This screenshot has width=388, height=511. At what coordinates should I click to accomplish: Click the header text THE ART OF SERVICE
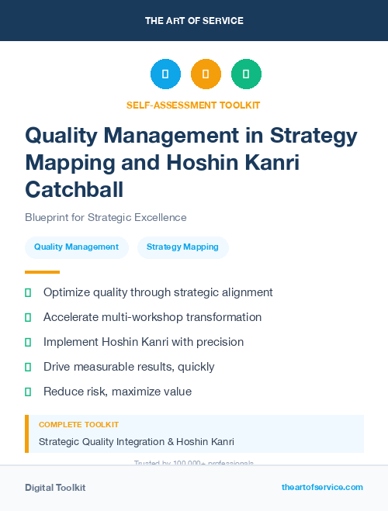click(x=194, y=21)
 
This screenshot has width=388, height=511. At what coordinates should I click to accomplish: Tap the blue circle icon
click(x=165, y=74)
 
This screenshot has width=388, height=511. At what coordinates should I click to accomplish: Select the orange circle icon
click(x=206, y=74)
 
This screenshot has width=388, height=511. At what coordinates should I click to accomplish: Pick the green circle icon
click(x=246, y=74)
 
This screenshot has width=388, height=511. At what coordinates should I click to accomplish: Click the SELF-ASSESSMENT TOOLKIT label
click(x=193, y=105)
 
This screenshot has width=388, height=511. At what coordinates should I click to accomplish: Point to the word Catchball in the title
click(x=74, y=188)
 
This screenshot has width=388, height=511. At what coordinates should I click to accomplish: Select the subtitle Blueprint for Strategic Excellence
click(x=106, y=218)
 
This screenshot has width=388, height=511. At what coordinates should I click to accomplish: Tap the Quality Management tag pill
click(x=76, y=247)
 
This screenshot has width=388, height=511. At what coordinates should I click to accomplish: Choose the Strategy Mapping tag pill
click(x=182, y=247)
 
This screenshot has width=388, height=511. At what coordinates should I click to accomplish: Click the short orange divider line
click(x=42, y=272)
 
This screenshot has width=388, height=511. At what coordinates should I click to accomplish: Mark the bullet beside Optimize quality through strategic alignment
click(x=28, y=292)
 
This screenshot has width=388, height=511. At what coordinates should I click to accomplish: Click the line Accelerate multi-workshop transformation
click(x=152, y=317)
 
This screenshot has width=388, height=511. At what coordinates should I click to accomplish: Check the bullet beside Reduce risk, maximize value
click(x=28, y=392)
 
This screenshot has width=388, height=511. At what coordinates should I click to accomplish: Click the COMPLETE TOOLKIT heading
click(x=78, y=425)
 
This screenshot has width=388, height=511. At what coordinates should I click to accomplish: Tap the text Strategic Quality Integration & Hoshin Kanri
click(x=137, y=442)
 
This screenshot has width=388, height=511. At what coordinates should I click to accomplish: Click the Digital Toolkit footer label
click(x=55, y=487)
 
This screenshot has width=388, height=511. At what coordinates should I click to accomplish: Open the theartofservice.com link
click(x=322, y=487)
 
